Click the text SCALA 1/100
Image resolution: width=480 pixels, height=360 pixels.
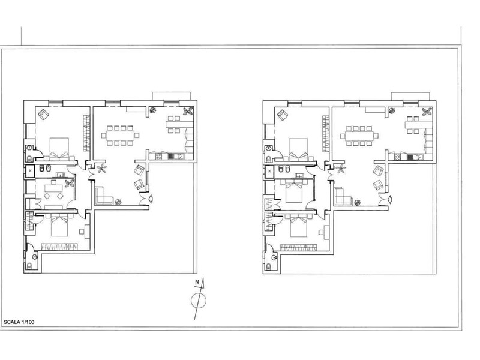(x=19, y=322)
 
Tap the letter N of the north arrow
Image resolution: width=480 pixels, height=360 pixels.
(x=197, y=282)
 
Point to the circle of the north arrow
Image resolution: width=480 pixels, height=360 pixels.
(x=199, y=301)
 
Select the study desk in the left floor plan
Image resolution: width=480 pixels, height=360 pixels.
(x=53, y=188)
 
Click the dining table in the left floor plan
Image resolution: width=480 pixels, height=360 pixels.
(x=119, y=135)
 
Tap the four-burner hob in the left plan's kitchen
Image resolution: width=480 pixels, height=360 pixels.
(x=158, y=157)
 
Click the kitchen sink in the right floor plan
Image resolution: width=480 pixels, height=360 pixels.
(x=419, y=157)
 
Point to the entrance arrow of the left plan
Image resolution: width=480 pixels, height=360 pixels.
(x=151, y=199)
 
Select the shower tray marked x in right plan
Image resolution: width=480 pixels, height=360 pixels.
(x=269, y=171)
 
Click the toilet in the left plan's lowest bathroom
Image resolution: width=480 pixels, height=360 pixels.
(x=29, y=266)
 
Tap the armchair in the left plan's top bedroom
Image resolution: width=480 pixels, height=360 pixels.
(x=43, y=115)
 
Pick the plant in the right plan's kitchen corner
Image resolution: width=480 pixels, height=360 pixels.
(x=427, y=112)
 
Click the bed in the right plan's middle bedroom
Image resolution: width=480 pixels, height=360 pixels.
(x=295, y=191)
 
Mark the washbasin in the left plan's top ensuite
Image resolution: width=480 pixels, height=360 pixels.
(x=29, y=148)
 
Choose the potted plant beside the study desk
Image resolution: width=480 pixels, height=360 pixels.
(x=69, y=184)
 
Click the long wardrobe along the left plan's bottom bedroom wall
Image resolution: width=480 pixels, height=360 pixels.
(x=58, y=247)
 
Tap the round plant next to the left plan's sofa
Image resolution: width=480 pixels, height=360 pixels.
(x=118, y=202)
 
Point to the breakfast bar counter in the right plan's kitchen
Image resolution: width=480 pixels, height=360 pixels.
(x=418, y=125)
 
